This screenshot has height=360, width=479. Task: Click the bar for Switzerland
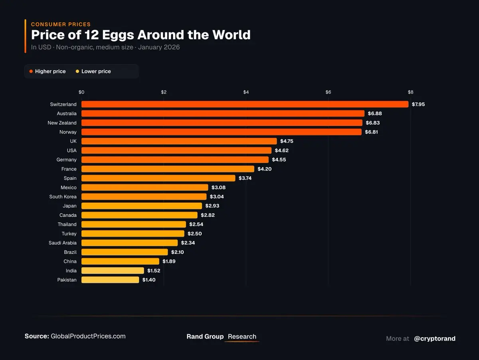point(245,104)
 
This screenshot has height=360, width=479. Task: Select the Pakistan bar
point(110,280)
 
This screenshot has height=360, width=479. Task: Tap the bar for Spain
point(158,178)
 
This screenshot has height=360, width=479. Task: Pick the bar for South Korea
point(144,196)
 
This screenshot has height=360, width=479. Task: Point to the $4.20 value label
point(265,169)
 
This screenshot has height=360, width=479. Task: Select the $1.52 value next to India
point(154,271)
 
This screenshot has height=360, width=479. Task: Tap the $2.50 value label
point(194,233)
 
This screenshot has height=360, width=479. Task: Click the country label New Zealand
point(62,123)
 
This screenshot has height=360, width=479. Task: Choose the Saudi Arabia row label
point(63,243)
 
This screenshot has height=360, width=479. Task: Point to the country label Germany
point(66,160)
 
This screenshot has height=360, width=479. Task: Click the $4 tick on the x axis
point(246,92)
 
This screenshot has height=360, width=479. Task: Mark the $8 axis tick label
point(410,92)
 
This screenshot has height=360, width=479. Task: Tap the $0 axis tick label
point(81,92)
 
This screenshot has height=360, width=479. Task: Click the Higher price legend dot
point(31,71)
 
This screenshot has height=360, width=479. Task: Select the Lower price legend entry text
point(96,71)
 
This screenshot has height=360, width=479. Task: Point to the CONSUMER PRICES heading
point(61,24)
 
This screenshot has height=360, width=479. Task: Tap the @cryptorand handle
point(434,338)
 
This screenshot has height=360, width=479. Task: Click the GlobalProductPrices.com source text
point(88,336)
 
